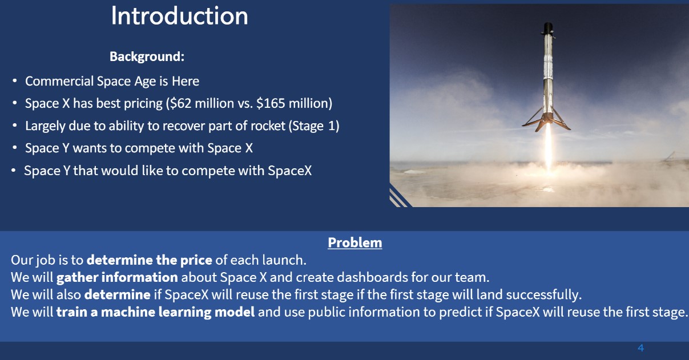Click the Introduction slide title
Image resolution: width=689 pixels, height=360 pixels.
179,16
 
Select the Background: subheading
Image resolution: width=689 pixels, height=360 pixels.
147,56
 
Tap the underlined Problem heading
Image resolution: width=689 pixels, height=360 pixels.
355,242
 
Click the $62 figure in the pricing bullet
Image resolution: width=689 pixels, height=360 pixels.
180,103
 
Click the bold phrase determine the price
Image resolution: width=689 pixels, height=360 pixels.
150,260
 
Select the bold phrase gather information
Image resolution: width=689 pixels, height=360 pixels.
117,277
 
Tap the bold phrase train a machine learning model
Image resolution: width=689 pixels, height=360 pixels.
156,312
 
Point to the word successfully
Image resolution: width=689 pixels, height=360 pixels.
544,295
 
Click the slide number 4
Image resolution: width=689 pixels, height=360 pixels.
640,348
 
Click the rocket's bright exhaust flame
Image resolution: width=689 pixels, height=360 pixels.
549,147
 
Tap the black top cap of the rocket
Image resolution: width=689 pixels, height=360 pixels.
548,28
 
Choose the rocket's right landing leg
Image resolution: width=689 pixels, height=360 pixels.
562,120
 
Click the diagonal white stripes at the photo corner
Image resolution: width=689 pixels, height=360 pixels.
398,197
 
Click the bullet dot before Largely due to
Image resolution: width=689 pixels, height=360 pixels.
14,126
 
